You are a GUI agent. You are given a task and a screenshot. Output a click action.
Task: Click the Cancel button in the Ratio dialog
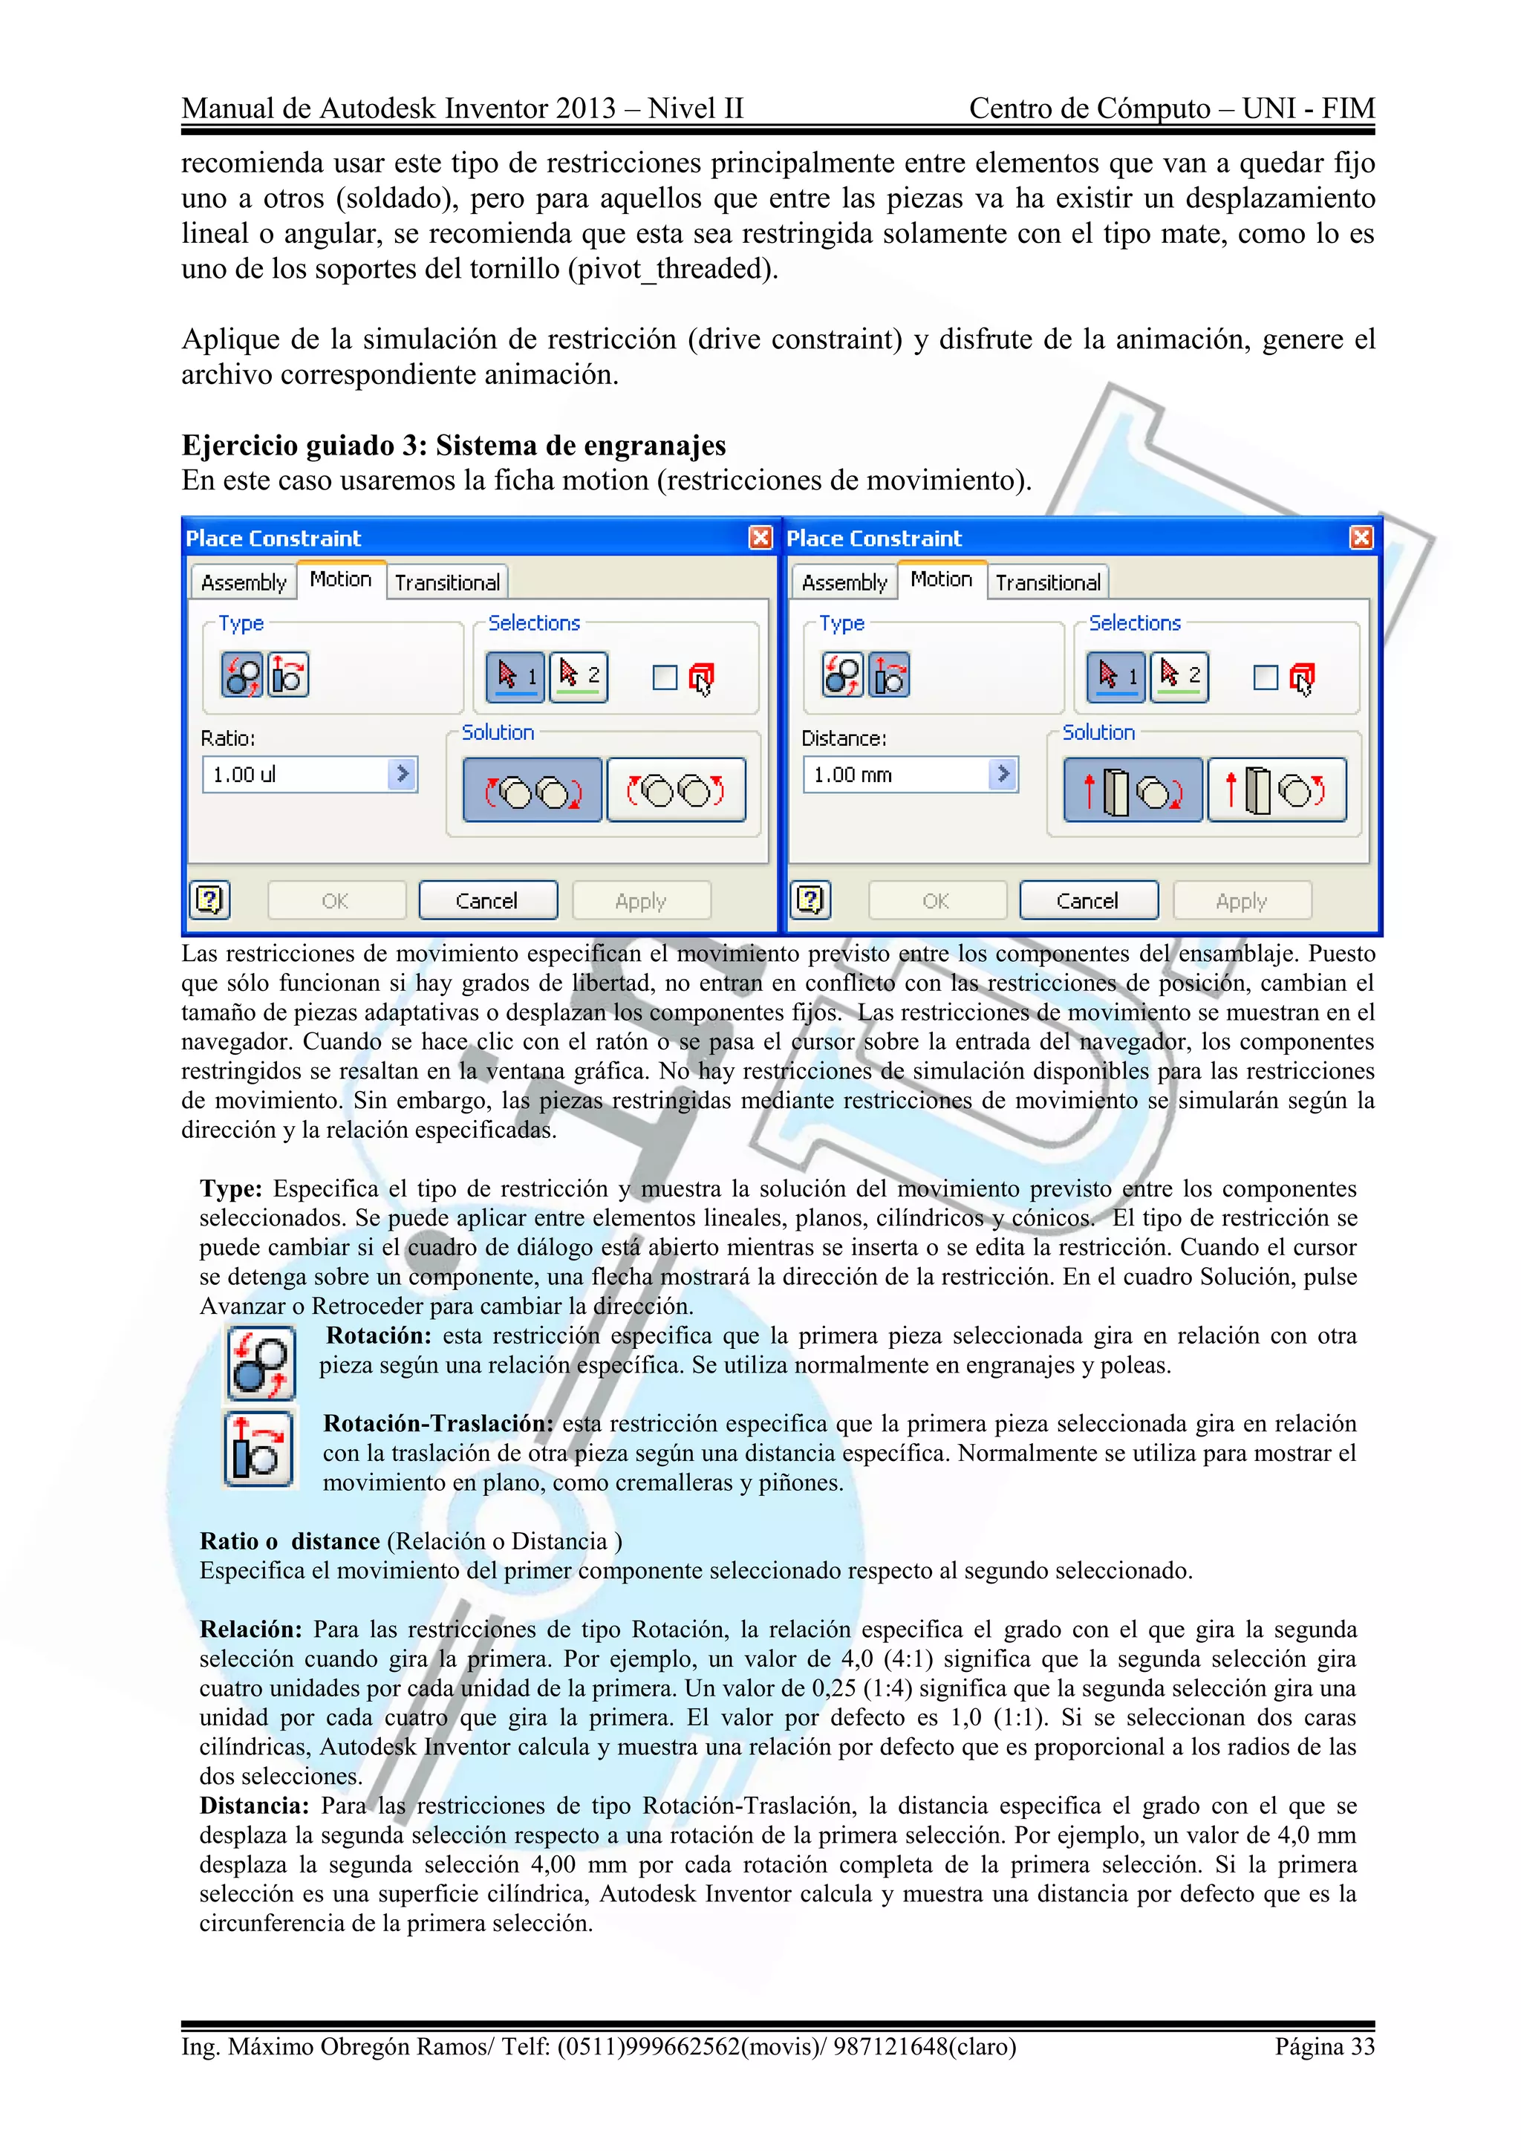(x=487, y=900)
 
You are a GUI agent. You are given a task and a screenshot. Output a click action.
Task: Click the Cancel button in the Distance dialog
(x=1087, y=900)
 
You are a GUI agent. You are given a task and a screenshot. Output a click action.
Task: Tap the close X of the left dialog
(x=760, y=538)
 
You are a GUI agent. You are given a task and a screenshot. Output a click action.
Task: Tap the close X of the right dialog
(x=1361, y=538)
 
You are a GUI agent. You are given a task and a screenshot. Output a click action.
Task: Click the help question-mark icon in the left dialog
(x=209, y=900)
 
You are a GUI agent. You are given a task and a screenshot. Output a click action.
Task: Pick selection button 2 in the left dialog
(x=579, y=675)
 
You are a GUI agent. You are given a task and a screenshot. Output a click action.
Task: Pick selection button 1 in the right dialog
(x=1116, y=675)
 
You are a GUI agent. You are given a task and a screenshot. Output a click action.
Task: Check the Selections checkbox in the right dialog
(x=1266, y=677)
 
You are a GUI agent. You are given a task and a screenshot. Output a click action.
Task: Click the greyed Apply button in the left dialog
(x=641, y=900)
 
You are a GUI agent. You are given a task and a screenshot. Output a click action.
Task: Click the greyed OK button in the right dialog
(x=936, y=900)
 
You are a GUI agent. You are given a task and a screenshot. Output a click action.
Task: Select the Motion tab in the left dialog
(x=340, y=580)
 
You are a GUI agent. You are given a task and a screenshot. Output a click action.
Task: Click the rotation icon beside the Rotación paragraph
(x=261, y=1363)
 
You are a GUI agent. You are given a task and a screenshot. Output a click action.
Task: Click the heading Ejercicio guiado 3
(x=453, y=445)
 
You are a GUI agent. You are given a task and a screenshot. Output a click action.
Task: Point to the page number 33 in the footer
(x=1324, y=2046)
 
